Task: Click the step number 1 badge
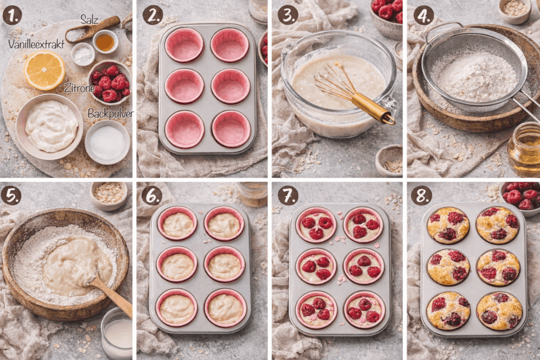click(12, 15)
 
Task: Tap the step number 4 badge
click(423, 15)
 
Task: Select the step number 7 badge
click(286, 195)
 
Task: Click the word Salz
click(89, 20)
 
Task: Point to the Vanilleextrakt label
click(36, 44)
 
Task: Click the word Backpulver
click(110, 113)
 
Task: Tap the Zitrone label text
click(79, 88)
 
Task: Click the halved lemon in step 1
click(44, 70)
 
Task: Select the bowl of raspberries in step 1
click(110, 82)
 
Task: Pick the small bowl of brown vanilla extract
click(105, 42)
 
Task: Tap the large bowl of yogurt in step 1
click(50, 127)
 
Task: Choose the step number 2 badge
click(152, 15)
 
